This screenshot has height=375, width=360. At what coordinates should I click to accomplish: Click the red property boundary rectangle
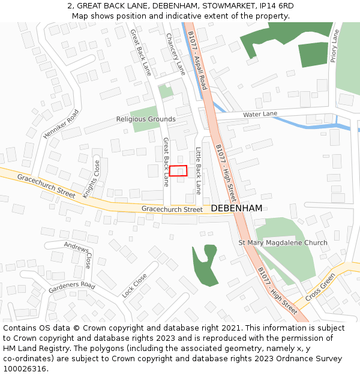coord(178,170)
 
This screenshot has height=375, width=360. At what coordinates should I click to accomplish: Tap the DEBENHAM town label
coord(236,208)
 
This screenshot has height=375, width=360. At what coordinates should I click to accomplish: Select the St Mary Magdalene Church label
coord(283,243)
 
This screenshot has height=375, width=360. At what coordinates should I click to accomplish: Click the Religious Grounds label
coord(146,119)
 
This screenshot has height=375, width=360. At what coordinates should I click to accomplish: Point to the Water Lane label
coord(260,114)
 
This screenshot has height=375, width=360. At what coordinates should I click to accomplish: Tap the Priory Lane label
coord(334,47)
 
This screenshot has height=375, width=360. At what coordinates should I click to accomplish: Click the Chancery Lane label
coord(176,53)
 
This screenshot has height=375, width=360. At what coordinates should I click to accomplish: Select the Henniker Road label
coord(61,124)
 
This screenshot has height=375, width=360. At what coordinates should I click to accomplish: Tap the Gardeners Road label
coord(72,286)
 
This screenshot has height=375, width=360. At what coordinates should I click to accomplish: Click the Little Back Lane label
coord(198,171)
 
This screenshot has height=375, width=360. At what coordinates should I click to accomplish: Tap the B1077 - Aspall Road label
coord(197,61)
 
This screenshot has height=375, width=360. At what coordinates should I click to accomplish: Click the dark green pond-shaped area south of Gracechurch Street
coord(205,265)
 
